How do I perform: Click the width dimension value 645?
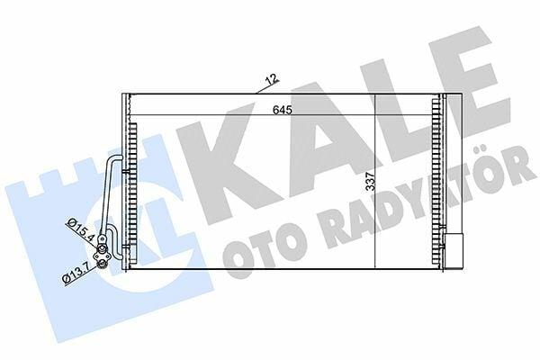(x=283, y=110)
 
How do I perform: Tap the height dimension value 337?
(x=370, y=182)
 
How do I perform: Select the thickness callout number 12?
(x=272, y=79)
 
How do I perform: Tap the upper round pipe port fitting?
(x=102, y=248)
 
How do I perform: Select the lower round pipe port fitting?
(x=102, y=265)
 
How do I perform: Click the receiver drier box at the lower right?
(x=454, y=251)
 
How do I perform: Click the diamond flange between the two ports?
(x=103, y=256)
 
